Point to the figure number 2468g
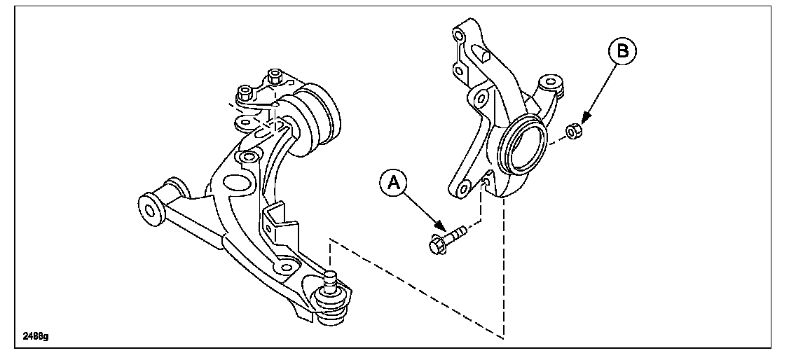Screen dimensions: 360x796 point(35,335)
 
